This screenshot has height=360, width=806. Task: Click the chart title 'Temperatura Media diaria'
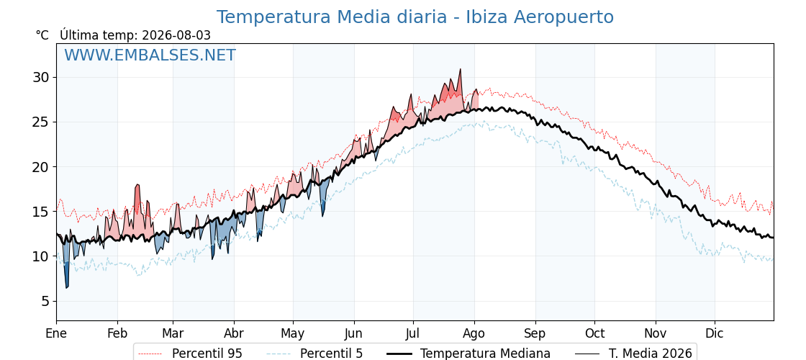coord(332,17)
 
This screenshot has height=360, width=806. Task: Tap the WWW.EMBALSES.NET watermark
coord(150,55)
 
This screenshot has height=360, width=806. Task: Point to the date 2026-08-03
coord(176,35)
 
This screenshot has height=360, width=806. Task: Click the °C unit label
coord(42,35)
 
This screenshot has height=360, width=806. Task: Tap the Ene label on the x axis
coord(56,334)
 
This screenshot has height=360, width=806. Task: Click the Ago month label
coord(474,334)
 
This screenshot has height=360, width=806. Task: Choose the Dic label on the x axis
coord(714,334)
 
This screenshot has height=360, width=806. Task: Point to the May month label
coord(292,334)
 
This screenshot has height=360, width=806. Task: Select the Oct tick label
coord(594,334)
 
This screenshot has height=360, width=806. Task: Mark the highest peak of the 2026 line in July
coord(460,69)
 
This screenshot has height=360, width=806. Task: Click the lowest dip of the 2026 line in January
coord(66,287)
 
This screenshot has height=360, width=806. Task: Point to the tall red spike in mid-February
coord(137,184)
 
